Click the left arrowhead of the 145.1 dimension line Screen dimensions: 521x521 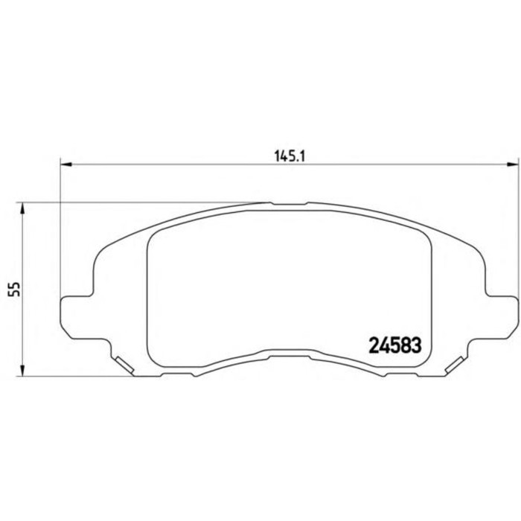(65, 162)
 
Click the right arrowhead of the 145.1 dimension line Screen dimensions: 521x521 (512, 162)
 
